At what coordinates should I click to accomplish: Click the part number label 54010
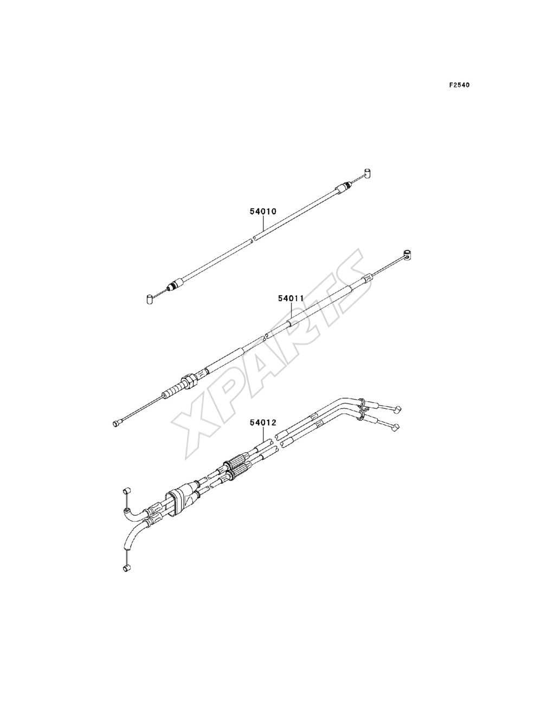coord(263,212)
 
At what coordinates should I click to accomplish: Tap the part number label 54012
coord(263,423)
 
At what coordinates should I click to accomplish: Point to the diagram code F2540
coord(459,85)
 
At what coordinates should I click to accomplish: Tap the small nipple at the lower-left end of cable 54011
coord(117,423)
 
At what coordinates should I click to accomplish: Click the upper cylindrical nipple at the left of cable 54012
coord(127,481)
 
